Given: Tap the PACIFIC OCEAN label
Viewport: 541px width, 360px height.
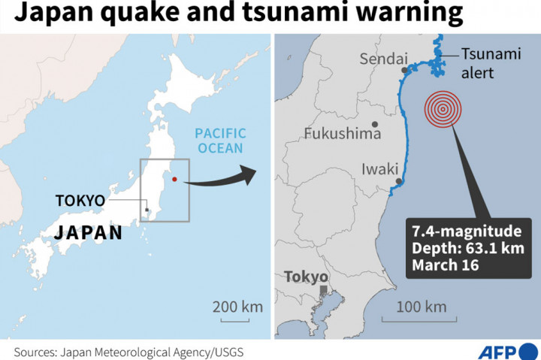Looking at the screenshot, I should click(x=220, y=141).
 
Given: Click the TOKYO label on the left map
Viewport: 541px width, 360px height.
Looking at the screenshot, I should click(x=80, y=200).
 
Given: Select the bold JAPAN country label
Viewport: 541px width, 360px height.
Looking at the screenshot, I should click(x=87, y=232).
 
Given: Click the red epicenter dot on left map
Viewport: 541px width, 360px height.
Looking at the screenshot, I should click(x=174, y=178).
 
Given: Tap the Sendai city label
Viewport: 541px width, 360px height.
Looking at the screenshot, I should click(x=383, y=59).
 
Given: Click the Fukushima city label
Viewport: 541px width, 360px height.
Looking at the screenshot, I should click(x=343, y=134).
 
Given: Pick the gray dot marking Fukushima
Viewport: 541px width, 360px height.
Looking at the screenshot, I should click(x=374, y=125).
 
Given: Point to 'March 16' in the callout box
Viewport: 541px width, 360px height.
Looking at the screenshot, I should click(x=444, y=265).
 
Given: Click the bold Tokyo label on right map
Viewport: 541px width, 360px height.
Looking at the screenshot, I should click(x=306, y=277).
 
